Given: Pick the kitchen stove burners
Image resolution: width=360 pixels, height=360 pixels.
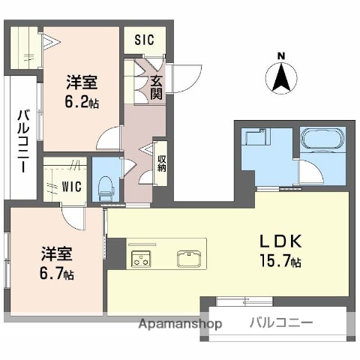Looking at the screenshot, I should pyautogui.click(x=141, y=259).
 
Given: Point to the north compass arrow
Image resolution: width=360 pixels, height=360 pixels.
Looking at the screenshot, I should pyautogui.click(x=281, y=76).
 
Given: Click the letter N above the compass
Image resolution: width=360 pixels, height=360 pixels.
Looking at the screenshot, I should pyautogui.click(x=281, y=55).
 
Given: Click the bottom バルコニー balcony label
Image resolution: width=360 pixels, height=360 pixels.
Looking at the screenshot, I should pyautogui.click(x=280, y=323).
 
